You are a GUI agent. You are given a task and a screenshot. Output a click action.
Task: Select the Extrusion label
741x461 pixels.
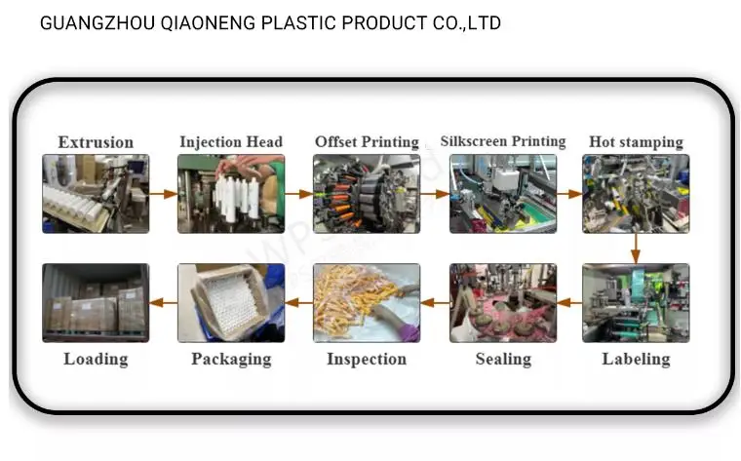(x=96, y=142)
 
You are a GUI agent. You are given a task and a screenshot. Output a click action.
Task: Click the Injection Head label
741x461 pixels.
(x=231, y=142)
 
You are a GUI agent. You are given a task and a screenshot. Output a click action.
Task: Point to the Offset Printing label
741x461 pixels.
(x=367, y=142)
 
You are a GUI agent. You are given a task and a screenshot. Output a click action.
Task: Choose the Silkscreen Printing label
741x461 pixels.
(x=502, y=141)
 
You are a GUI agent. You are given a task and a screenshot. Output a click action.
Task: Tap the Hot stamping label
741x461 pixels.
(x=636, y=142)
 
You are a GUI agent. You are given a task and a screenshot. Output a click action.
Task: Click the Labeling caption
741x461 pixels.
(x=636, y=359)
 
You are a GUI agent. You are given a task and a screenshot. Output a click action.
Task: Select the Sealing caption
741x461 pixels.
(x=503, y=359)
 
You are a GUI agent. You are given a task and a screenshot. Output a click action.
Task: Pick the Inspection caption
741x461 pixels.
(x=367, y=359)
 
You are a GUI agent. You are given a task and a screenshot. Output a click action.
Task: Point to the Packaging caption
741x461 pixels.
(x=231, y=359)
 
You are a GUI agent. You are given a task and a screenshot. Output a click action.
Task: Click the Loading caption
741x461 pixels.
(x=96, y=359)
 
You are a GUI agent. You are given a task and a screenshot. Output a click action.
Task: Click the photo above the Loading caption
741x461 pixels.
(x=96, y=302)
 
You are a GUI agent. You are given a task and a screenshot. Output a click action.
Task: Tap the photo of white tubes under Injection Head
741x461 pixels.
(x=231, y=193)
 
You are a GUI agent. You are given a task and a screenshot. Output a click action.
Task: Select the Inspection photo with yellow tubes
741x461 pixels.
(x=367, y=302)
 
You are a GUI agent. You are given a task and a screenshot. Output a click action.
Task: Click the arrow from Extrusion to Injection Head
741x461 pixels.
(x=163, y=194)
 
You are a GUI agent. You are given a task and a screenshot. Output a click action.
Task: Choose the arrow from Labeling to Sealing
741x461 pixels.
(x=569, y=303)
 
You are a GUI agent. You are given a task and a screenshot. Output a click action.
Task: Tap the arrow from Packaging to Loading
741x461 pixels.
(x=163, y=303)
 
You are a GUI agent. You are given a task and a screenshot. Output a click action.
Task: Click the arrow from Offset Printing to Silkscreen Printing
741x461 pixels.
(x=435, y=194)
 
